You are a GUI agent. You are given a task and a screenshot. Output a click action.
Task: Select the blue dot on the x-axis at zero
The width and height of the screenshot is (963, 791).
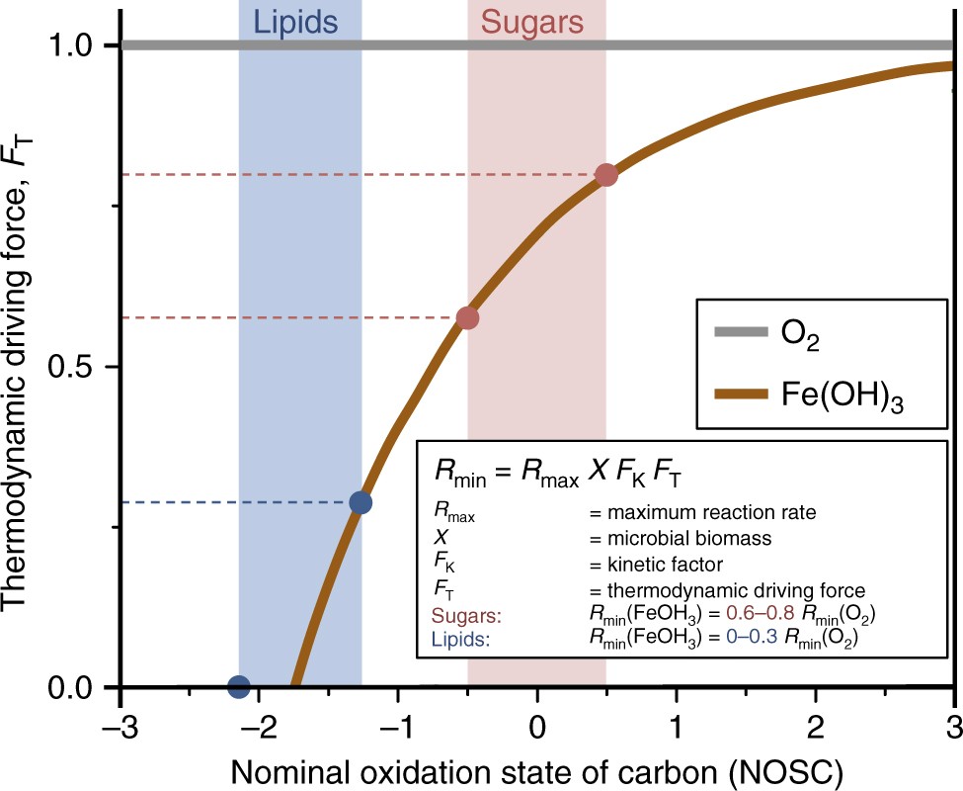(238, 686)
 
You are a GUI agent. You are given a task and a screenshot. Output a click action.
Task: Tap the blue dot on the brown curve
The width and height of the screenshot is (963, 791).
(361, 502)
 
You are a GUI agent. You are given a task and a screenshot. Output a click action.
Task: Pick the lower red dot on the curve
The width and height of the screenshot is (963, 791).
(468, 317)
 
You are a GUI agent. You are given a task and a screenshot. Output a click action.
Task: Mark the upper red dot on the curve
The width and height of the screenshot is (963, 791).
(606, 175)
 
